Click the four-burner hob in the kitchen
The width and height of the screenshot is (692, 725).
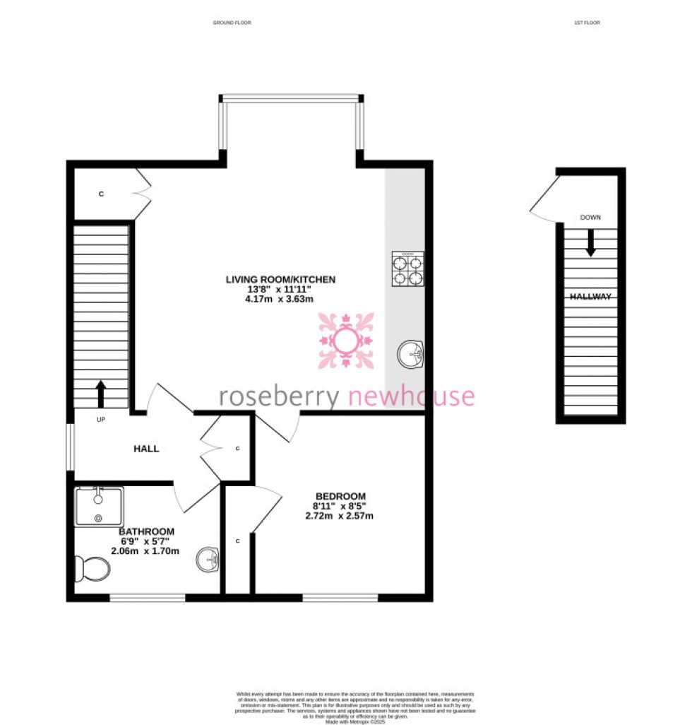click(x=407, y=269)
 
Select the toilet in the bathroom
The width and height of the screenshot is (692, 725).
click(x=92, y=567)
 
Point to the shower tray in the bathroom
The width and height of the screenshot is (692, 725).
click(x=99, y=506)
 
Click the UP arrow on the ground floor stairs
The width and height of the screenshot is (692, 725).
click(x=100, y=394)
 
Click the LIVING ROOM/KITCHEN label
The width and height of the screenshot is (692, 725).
click(x=280, y=280)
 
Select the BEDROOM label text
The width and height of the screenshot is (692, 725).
click(x=340, y=495)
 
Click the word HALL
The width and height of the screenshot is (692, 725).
click(x=147, y=449)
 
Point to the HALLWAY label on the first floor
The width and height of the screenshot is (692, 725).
click(x=590, y=297)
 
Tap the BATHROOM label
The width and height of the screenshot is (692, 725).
click(x=146, y=531)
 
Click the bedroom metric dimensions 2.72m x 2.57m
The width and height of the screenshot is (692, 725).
click(x=340, y=516)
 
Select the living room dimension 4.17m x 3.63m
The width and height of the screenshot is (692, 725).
click(x=280, y=300)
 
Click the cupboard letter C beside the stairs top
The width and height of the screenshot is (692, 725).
click(x=101, y=193)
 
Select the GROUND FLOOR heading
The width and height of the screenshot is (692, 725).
click(x=232, y=23)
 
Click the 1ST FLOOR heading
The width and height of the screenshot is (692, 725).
click(x=587, y=23)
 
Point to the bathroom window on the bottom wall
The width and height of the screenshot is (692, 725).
click(x=148, y=598)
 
